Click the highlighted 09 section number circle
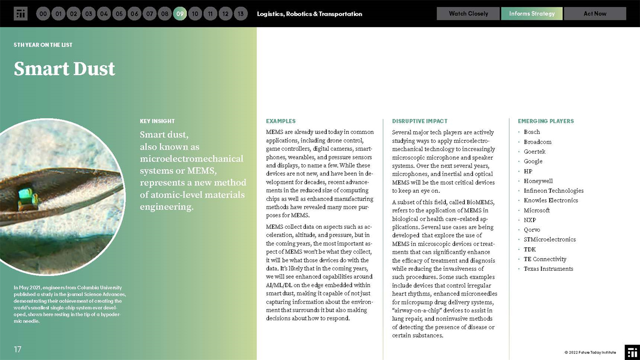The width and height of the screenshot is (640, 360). [180, 14]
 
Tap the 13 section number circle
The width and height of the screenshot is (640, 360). [241, 14]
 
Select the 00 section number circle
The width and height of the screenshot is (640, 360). [43, 14]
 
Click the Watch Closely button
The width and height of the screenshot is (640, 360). [468, 14]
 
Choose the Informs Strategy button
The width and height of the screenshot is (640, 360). [532, 14]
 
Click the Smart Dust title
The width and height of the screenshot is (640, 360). [64, 69]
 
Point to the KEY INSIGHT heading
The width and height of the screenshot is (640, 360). [157, 121]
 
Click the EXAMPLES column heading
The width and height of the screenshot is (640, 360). [281, 121]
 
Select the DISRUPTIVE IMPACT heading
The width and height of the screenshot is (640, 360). [419, 121]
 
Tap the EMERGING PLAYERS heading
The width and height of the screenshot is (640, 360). [546, 121]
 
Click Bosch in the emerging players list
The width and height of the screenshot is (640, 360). [532, 132]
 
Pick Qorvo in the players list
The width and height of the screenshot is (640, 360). [532, 230]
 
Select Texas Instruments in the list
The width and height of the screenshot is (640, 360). [548, 269]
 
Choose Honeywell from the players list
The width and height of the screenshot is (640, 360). [538, 181]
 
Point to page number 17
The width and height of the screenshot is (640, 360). [18, 349]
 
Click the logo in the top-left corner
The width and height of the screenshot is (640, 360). [20, 14]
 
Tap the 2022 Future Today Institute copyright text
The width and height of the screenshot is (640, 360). [590, 352]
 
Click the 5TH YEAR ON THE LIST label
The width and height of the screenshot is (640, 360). [43, 45]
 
